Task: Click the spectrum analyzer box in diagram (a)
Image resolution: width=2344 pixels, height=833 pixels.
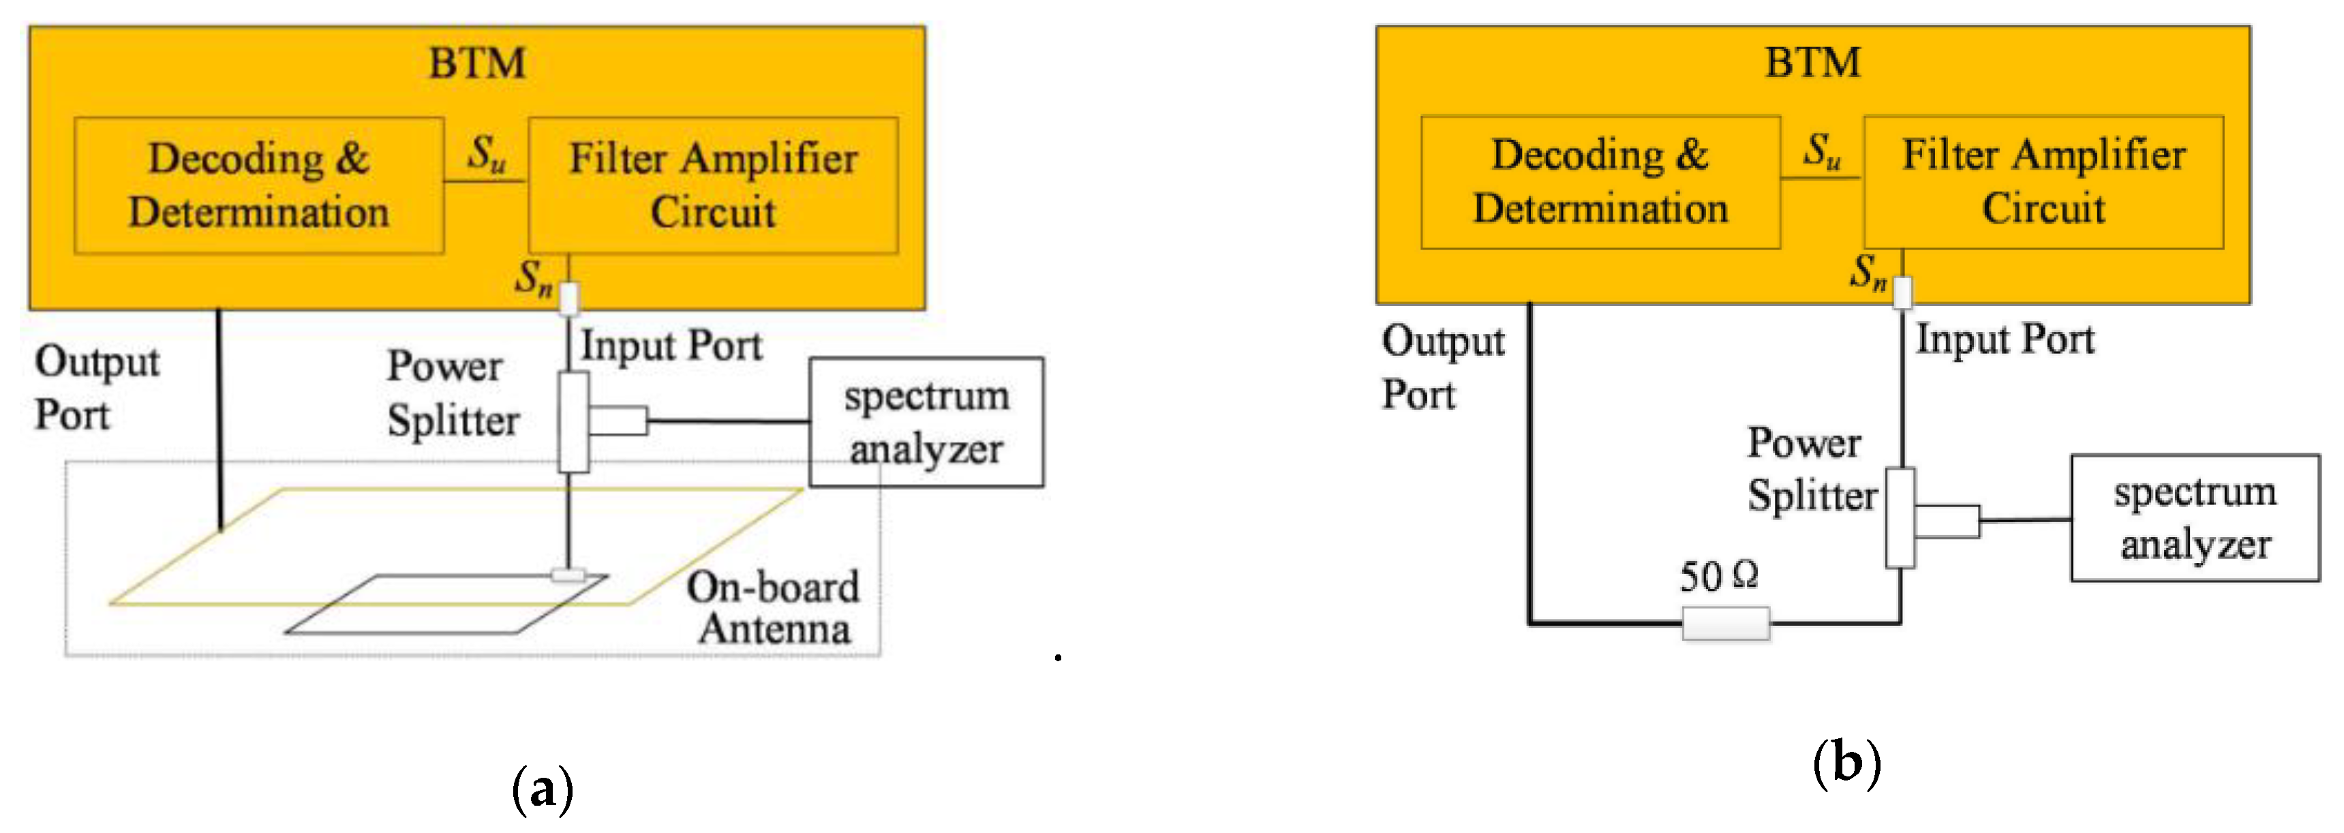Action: coord(926,423)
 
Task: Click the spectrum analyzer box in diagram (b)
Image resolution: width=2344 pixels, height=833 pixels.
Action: coord(2195,518)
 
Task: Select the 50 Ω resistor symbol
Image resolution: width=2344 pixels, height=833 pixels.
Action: coord(1725,624)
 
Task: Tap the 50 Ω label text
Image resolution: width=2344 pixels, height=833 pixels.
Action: coord(1718,576)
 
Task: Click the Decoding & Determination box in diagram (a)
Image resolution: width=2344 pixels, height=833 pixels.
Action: coord(259,185)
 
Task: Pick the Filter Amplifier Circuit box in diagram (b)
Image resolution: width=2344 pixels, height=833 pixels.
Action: coord(2043,182)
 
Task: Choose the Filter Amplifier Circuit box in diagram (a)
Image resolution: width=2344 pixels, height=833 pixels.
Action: coord(714,185)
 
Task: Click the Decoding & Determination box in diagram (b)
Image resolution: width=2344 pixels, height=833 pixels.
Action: coord(1600,182)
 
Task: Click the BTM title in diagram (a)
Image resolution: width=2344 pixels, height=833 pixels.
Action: coord(477,63)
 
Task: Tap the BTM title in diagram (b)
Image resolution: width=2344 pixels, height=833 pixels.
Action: coord(1812,63)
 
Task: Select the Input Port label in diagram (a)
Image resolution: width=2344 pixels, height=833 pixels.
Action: coord(671,346)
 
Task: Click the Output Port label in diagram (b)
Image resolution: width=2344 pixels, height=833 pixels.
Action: coord(1442,367)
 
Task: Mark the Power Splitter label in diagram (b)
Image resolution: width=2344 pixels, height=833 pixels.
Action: coord(1811,470)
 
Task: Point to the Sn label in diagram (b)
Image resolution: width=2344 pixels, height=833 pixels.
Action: coord(1868,271)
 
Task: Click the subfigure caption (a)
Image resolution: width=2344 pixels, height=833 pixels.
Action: coord(543,789)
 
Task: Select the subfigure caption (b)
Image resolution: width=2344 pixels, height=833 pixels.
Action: coord(1846,763)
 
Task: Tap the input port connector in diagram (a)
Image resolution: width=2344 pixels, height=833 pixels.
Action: coord(568,298)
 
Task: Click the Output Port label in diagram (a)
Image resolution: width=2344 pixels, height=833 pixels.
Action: coord(97,388)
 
